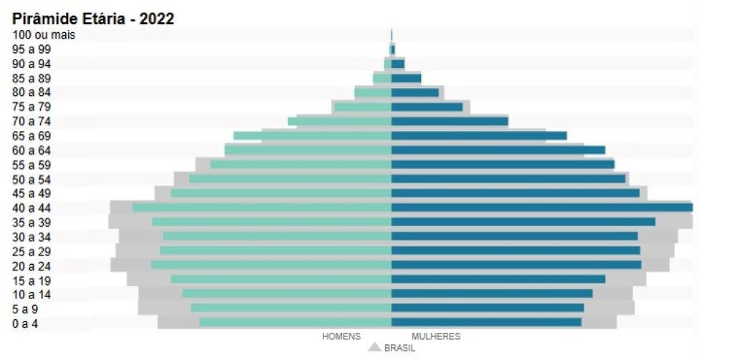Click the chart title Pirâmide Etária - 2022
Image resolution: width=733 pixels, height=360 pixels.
click(x=93, y=19)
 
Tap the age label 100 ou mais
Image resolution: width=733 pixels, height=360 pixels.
click(x=44, y=34)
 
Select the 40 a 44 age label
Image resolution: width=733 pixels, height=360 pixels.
click(x=31, y=208)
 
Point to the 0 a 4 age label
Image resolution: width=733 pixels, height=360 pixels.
click(x=26, y=323)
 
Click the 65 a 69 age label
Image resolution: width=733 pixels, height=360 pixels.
click(x=31, y=136)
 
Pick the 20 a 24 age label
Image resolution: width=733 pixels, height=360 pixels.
click(x=31, y=266)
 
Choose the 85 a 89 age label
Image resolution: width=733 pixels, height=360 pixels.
click(x=31, y=78)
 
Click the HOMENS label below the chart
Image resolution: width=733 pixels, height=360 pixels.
click(x=341, y=336)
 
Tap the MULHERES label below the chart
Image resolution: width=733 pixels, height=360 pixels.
click(x=436, y=336)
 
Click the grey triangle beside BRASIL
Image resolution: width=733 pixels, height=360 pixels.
click(x=374, y=347)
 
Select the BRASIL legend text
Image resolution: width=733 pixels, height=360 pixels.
click(x=399, y=348)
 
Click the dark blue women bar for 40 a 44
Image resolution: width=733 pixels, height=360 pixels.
click(x=541, y=208)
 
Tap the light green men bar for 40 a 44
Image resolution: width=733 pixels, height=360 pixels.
click(x=262, y=208)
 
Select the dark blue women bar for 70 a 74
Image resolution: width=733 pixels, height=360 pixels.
click(x=450, y=122)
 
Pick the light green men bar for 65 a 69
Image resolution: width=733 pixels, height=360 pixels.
click(x=312, y=136)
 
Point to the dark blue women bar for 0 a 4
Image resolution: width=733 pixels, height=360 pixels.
click(x=486, y=323)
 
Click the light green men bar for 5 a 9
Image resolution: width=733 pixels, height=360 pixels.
click(x=291, y=308)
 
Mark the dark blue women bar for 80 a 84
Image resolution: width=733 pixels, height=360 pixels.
click(x=414, y=92)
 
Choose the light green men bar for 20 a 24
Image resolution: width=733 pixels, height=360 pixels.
click(x=271, y=265)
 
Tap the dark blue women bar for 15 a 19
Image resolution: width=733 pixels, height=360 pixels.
click(x=498, y=279)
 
